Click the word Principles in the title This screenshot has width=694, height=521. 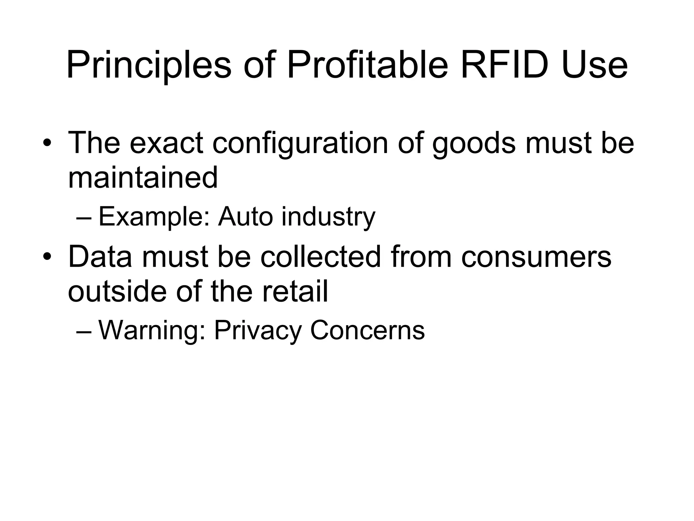pyautogui.click(x=149, y=64)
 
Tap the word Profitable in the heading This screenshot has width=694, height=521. pyautogui.click(x=368, y=64)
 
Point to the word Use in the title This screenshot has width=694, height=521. pyautogui.click(x=594, y=64)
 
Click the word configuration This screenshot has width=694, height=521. pyautogui.click(x=300, y=142)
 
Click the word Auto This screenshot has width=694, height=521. pyautogui.click(x=246, y=216)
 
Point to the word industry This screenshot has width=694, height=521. pyautogui.click(x=328, y=217)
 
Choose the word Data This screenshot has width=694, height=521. pyautogui.click(x=100, y=257)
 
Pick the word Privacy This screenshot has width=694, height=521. pyautogui.click(x=258, y=331)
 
